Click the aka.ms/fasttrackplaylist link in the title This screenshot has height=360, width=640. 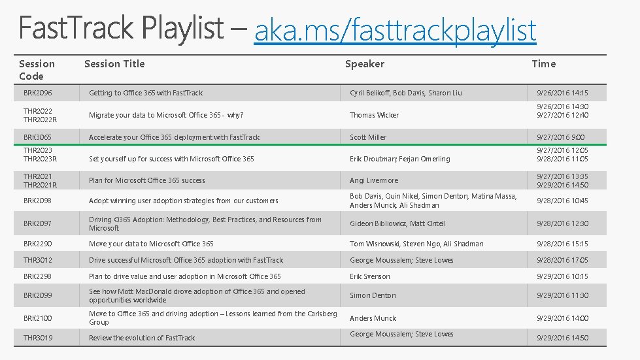395,30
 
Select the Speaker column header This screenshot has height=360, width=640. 365,63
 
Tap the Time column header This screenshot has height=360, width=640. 543,63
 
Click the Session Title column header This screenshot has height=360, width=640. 114,63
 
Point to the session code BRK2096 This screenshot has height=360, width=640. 38,93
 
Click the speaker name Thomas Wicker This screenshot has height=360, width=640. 374,115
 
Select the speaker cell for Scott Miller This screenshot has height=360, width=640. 368,137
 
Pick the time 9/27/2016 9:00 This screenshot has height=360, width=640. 560,137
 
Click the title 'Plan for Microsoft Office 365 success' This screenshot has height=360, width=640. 147,180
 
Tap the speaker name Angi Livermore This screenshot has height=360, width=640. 374,180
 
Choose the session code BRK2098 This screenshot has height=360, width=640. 38,201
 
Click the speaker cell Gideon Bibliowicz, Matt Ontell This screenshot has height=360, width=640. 397,223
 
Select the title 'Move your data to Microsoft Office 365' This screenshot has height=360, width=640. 151,244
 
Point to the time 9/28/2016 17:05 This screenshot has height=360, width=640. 562,260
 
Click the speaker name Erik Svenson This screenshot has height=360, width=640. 370,276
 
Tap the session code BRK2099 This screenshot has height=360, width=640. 38,295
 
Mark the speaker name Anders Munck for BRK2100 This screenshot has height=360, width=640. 373,318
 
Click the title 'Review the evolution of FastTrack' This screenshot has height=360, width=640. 142,338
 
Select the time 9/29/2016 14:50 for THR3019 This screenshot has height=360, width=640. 562,338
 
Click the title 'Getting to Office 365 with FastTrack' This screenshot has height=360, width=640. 146,93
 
